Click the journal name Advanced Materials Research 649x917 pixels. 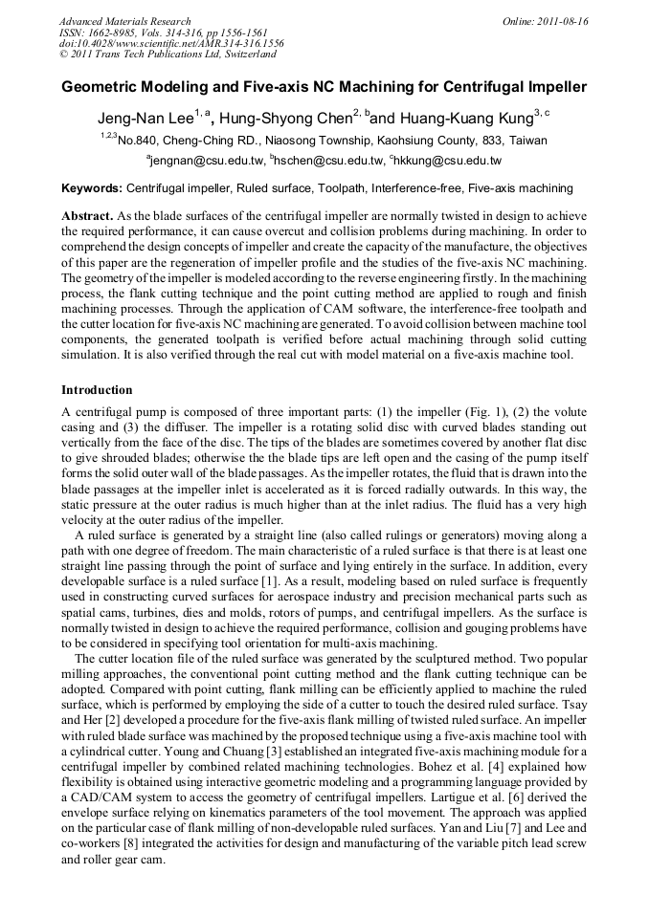125,21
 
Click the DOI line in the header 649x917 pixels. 171,44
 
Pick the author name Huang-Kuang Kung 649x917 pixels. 462,119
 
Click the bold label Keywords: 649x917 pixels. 92,189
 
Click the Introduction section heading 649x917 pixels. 97,390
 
